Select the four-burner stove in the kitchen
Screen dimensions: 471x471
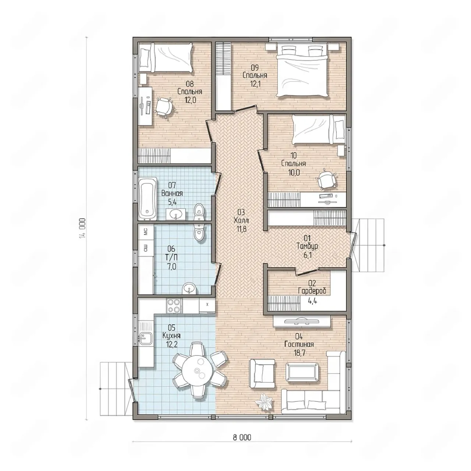[174, 305]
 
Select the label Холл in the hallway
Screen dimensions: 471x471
[241, 220]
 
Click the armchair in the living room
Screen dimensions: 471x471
[262, 374]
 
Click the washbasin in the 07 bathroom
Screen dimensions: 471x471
[176, 215]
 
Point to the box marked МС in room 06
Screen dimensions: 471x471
[146, 231]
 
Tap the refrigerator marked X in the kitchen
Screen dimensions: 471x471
[207, 305]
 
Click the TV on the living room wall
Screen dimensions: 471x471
[302, 321]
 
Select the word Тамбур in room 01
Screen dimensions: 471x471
[307, 246]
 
